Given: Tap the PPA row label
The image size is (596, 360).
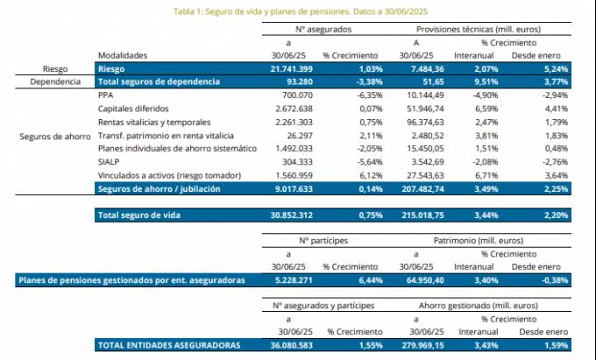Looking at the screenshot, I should click(106, 94).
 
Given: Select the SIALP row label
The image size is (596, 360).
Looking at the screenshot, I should click(110, 163).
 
